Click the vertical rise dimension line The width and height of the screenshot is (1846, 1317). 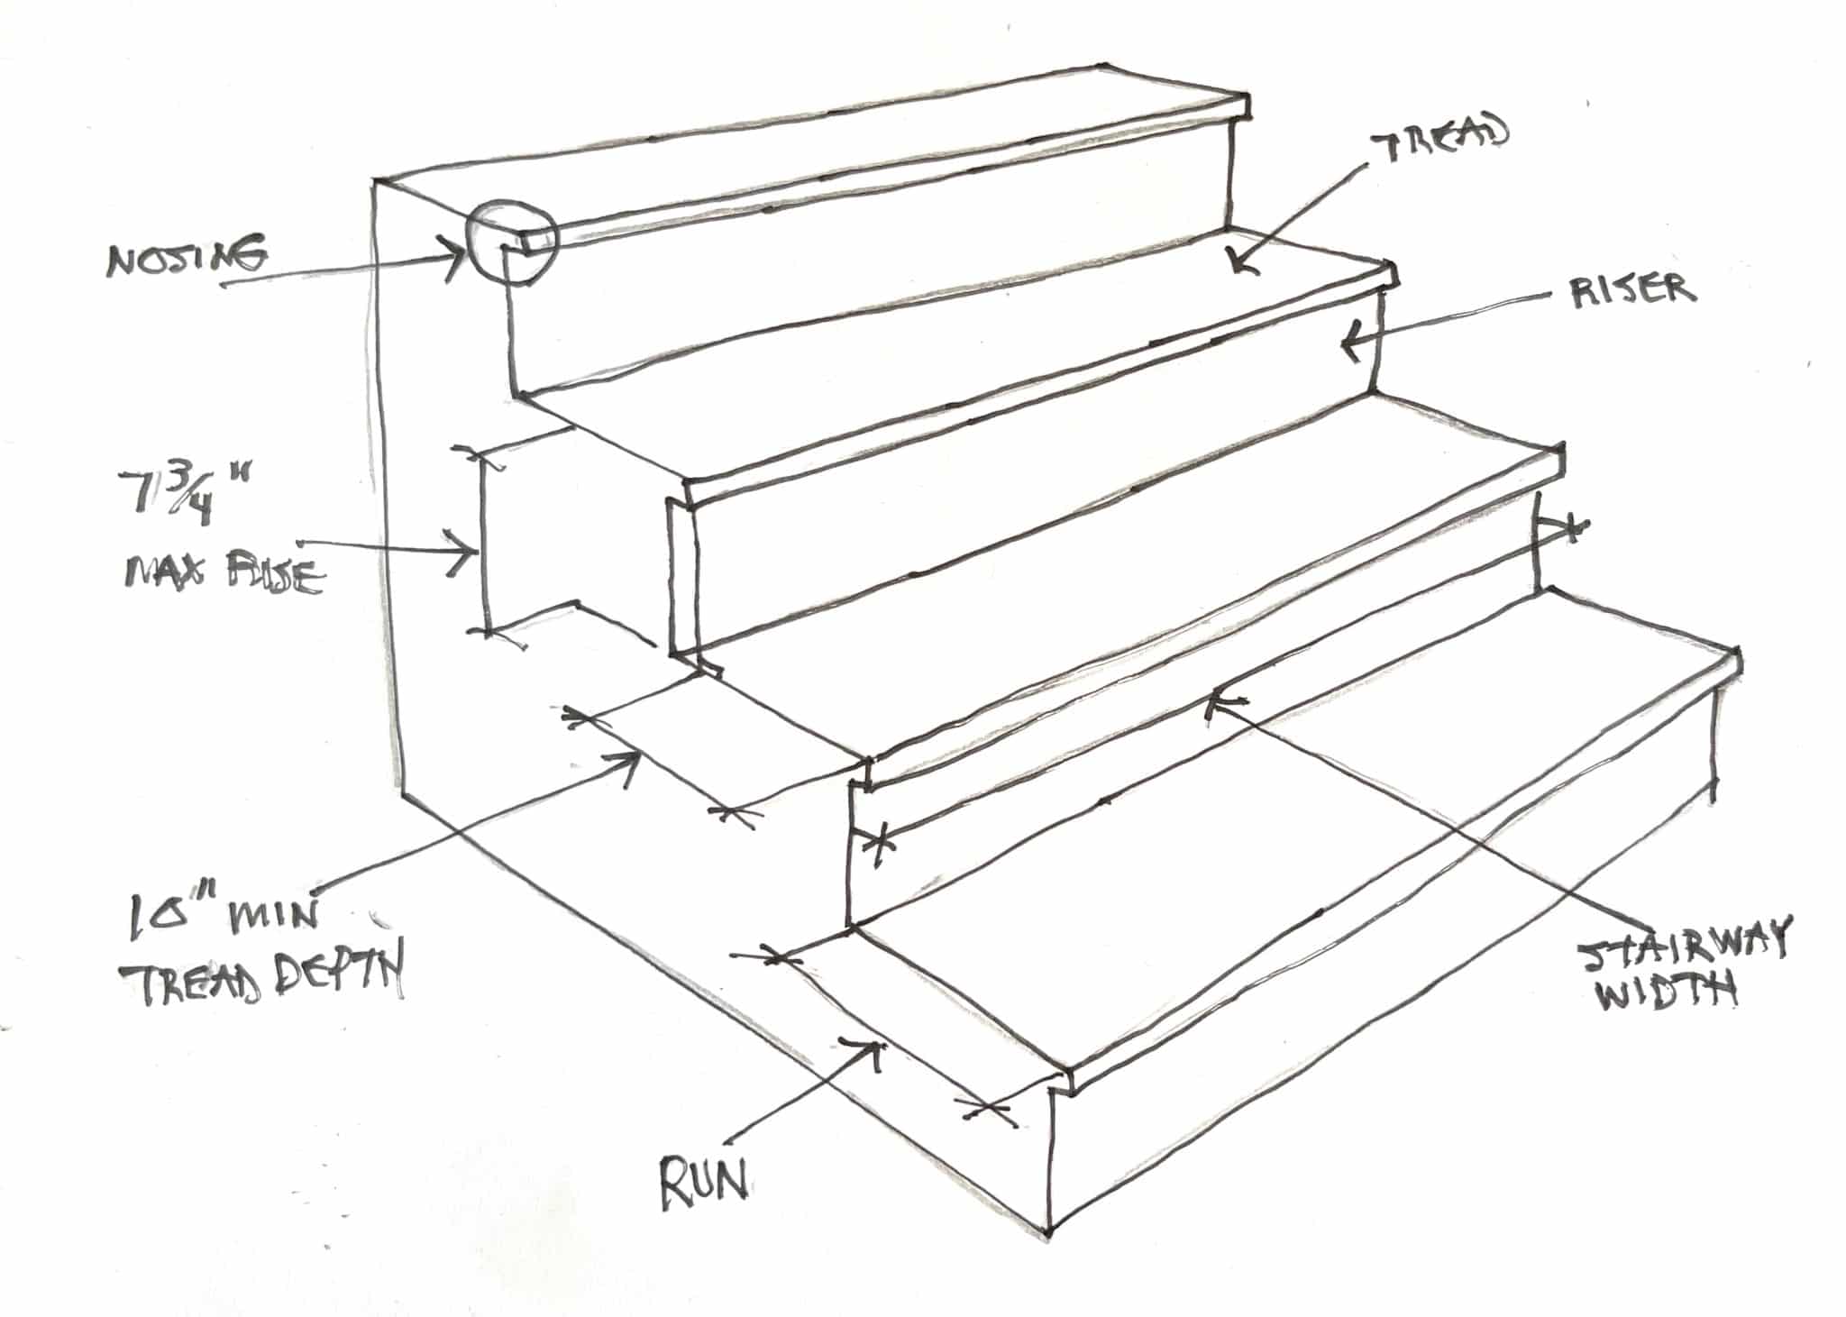485,541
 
